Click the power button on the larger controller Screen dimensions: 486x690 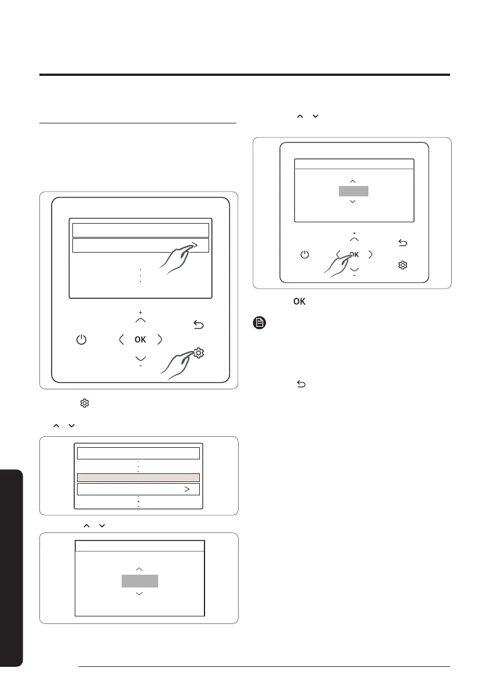pyautogui.click(x=81, y=339)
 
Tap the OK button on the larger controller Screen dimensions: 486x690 pyautogui.click(x=140, y=339)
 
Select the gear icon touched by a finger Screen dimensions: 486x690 pyautogui.click(x=199, y=352)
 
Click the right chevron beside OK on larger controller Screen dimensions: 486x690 pyautogui.click(x=160, y=339)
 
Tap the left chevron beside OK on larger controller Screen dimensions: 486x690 pyautogui.click(x=122, y=339)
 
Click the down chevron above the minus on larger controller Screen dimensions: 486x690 pyautogui.click(x=140, y=359)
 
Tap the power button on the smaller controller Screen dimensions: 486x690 pyautogui.click(x=305, y=255)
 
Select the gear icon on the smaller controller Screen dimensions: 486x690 pyautogui.click(x=403, y=265)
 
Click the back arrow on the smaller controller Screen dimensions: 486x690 pyautogui.click(x=403, y=243)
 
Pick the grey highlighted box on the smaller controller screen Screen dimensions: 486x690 pyautogui.click(x=353, y=191)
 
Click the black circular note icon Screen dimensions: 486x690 pyautogui.click(x=260, y=323)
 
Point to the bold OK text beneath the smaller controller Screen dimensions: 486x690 pyautogui.click(x=299, y=301)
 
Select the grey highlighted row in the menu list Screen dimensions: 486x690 pyautogui.click(x=138, y=477)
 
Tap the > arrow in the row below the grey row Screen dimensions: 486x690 pyautogui.click(x=187, y=489)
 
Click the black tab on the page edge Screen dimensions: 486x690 pyautogui.click(x=12, y=568)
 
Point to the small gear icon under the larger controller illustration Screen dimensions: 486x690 pyautogui.click(x=85, y=403)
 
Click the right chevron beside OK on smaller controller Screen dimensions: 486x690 pyautogui.click(x=370, y=254)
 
